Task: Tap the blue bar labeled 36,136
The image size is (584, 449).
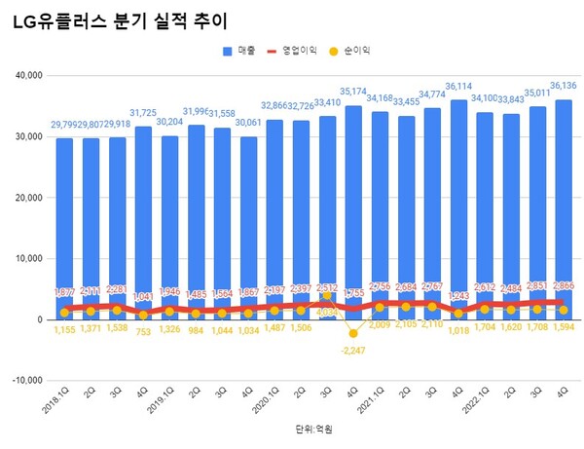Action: [x=564, y=195]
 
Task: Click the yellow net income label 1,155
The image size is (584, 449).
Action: [x=64, y=332]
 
